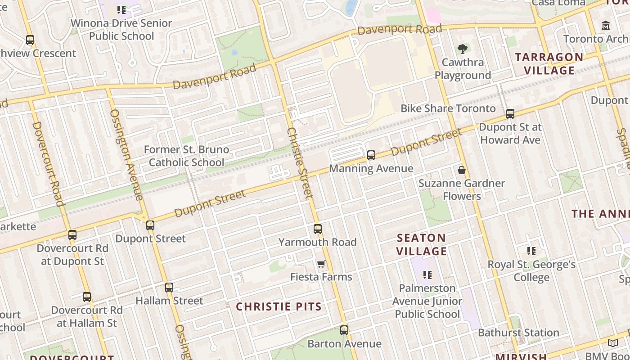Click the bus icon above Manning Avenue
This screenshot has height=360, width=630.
tap(371, 155)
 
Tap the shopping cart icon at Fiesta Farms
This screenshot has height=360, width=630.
tap(321, 264)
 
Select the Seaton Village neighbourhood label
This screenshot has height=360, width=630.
tap(422, 244)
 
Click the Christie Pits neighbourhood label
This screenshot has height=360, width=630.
tap(279, 307)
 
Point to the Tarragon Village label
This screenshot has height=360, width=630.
tap(549, 63)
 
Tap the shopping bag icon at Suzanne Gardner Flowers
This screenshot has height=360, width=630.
tap(461, 170)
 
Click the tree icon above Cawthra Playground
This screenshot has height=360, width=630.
tap(462, 49)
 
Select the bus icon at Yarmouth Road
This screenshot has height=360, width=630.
tap(318, 229)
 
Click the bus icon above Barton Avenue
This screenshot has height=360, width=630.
tap(344, 330)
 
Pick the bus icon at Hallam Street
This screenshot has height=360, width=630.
tap(169, 288)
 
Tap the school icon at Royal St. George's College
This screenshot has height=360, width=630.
tap(531, 251)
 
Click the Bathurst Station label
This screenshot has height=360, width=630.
tap(518, 333)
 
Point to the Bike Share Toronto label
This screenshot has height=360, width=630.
tap(448, 108)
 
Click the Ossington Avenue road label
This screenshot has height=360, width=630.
tap(126, 154)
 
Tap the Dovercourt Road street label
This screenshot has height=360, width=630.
tap(47, 163)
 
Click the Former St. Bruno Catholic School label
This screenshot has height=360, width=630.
tap(186, 156)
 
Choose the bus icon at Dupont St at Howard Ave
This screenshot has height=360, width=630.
tap(510, 114)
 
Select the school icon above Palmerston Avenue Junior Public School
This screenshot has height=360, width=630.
tap(427, 274)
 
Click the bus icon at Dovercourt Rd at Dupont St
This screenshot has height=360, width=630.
tap(72, 235)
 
